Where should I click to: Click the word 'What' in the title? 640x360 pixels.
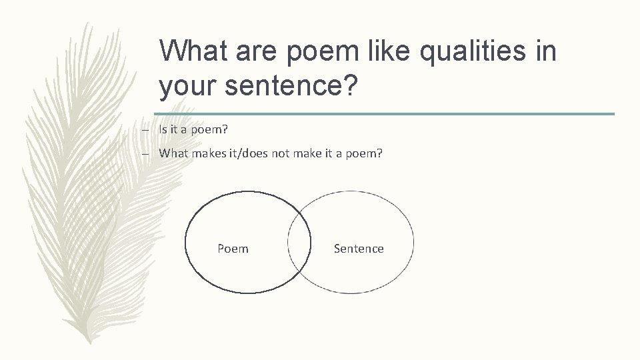pyautogui.click(x=193, y=50)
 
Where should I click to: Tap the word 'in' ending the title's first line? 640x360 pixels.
pyautogui.click(x=544, y=50)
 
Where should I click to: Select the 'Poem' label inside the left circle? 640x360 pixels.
pyautogui.click(x=233, y=249)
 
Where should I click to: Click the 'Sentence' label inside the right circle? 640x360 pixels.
pyautogui.click(x=359, y=249)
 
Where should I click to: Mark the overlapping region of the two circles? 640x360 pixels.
pyautogui.click(x=299, y=243)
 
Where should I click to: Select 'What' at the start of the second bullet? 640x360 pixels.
pyautogui.click(x=173, y=153)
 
